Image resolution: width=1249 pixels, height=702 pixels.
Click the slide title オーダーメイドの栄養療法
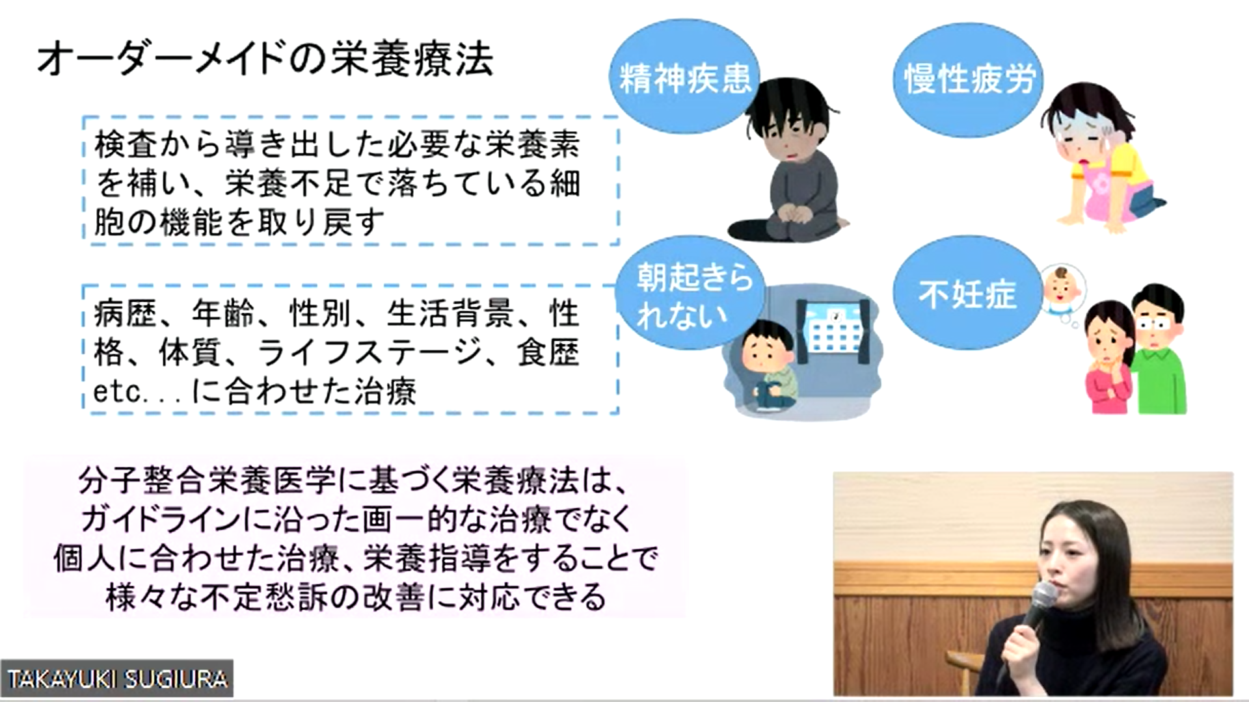(265, 60)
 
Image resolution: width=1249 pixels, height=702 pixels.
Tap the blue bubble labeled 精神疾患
(684, 77)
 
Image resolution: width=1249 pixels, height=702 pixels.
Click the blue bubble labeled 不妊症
(967, 293)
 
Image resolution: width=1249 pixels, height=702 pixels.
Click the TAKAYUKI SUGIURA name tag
(117, 679)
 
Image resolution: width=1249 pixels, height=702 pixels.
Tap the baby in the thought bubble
(1062, 289)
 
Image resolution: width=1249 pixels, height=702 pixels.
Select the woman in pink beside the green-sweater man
(1110, 357)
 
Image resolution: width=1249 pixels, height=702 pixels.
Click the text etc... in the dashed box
(135, 392)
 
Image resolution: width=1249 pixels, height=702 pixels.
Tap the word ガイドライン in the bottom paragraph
(161, 519)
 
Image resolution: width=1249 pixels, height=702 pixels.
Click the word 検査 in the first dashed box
(126, 144)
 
